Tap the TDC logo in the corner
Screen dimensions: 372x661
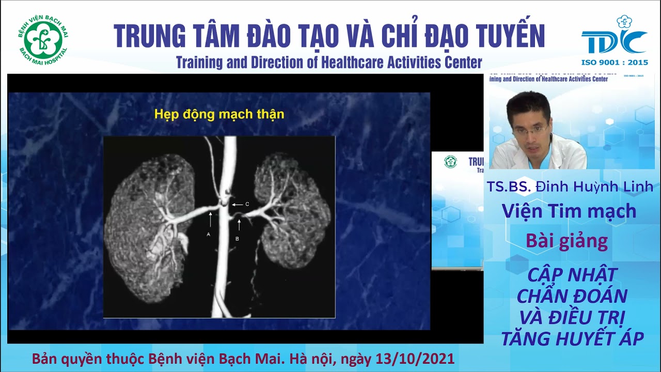pos(614,39)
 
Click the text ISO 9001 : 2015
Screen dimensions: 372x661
pos(614,63)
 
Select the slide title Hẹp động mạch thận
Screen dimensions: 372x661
pos(219,114)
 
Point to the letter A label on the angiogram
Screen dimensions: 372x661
pos(208,234)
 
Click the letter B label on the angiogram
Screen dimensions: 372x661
pos(237,239)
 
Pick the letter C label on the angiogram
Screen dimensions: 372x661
pos(247,205)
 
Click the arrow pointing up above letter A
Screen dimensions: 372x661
pos(210,219)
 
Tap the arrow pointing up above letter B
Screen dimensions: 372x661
pos(239,224)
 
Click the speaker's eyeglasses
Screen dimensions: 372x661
pos(530,130)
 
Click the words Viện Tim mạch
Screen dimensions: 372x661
pos(569,211)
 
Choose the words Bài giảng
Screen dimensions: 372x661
pos(566,241)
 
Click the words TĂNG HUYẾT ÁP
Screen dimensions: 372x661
pos(572,338)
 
